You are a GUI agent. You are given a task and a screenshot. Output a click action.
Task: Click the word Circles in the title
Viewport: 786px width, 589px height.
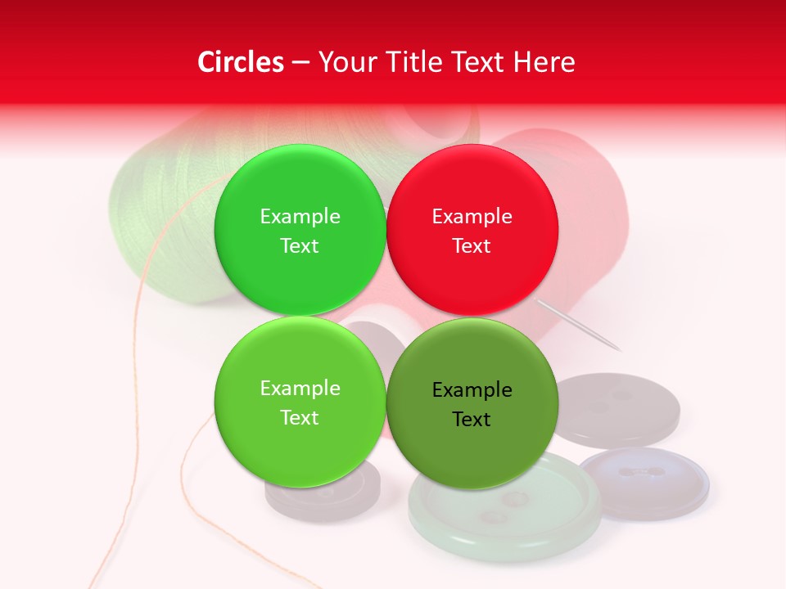[x=240, y=62]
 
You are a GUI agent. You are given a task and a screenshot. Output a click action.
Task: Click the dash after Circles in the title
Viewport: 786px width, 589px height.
[x=300, y=63]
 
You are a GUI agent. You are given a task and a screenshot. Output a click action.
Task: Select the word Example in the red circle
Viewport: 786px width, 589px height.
[x=472, y=217]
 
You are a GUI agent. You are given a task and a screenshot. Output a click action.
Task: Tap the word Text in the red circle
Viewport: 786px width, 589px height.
[x=472, y=246]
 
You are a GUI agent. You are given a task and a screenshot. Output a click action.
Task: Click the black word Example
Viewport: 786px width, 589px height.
[x=472, y=390]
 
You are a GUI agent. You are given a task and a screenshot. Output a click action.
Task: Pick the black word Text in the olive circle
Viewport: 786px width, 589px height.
[x=472, y=420]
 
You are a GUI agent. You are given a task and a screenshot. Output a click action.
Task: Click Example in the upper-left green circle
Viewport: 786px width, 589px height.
[x=300, y=217]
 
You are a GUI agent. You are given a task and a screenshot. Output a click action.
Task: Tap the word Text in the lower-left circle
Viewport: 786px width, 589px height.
[x=300, y=418]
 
